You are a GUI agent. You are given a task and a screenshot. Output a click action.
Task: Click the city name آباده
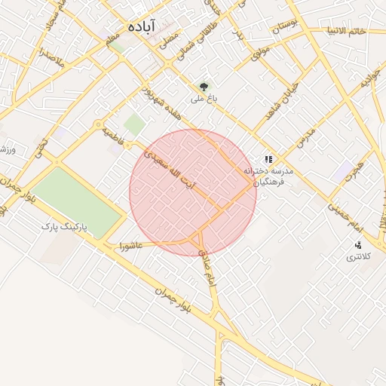[x=142, y=26]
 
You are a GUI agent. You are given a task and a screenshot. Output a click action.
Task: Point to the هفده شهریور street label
[x=160, y=106]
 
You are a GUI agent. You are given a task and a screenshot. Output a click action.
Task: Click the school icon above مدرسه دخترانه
[x=268, y=160]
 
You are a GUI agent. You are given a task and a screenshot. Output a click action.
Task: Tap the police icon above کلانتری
[x=358, y=244]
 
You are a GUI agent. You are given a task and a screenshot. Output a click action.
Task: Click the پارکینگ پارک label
[x=64, y=226]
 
